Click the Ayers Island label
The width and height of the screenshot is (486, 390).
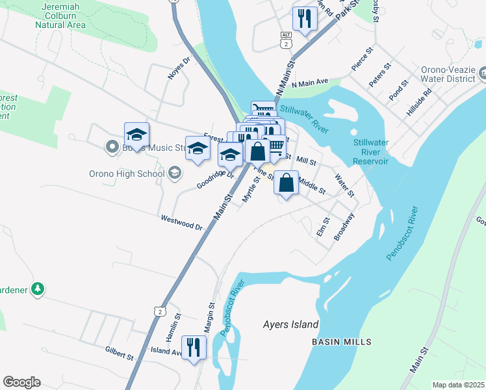290,324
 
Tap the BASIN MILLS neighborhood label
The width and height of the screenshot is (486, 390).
341,342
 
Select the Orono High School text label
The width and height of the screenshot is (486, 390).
127,174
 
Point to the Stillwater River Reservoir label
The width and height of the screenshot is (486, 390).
370,151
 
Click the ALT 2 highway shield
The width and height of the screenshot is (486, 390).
286,39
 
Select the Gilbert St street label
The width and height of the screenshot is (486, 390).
119,353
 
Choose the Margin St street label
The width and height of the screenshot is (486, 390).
211,317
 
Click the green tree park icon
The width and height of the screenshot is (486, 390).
38,288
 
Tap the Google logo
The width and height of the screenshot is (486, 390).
21,382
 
